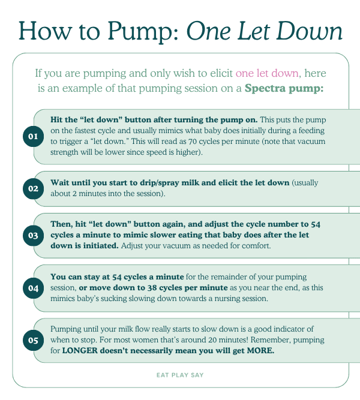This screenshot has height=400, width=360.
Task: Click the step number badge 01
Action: pyautogui.click(x=33, y=137)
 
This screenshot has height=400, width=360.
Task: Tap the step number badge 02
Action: pyautogui.click(x=33, y=188)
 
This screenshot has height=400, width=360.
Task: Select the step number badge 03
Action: pyautogui.click(x=33, y=235)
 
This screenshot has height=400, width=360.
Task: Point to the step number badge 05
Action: pyautogui.click(x=33, y=340)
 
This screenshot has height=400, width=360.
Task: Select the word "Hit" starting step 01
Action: pyautogui.click(x=58, y=120)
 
